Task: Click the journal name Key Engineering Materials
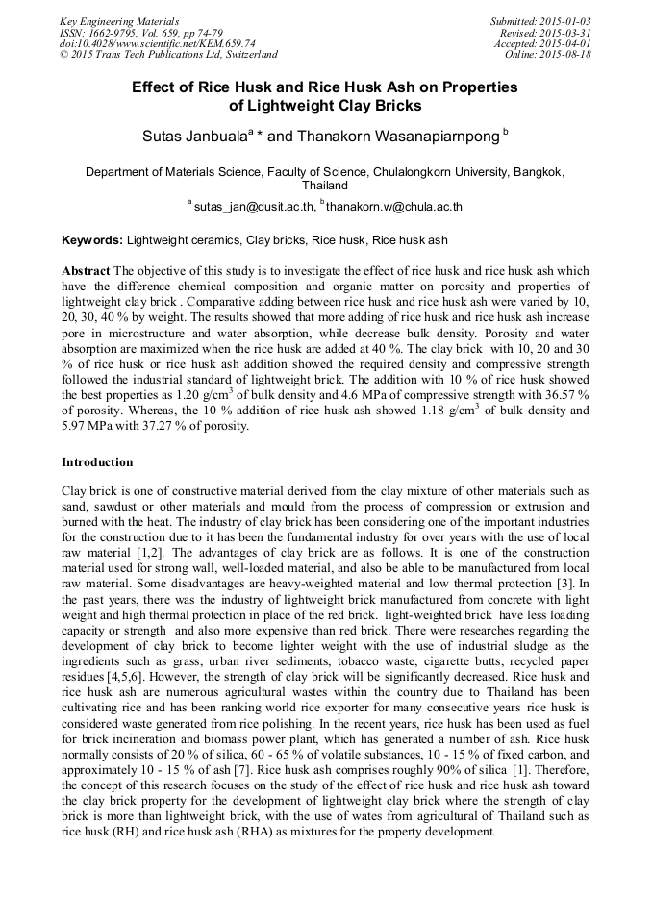pyautogui.click(x=119, y=21)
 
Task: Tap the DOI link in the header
pyautogui.click(x=157, y=43)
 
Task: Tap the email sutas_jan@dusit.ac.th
pyautogui.click(x=254, y=206)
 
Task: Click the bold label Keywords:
pyautogui.click(x=92, y=239)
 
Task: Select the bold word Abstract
pyautogui.click(x=86, y=272)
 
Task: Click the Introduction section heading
pyautogui.click(x=97, y=462)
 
